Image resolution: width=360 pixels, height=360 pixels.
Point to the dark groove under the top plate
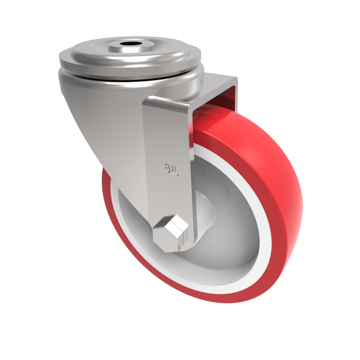point(130,77)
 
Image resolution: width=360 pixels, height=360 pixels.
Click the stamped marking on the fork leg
point(171,169)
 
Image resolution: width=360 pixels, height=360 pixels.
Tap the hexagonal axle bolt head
point(170,234)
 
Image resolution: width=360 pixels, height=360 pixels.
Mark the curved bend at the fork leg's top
point(166,101)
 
